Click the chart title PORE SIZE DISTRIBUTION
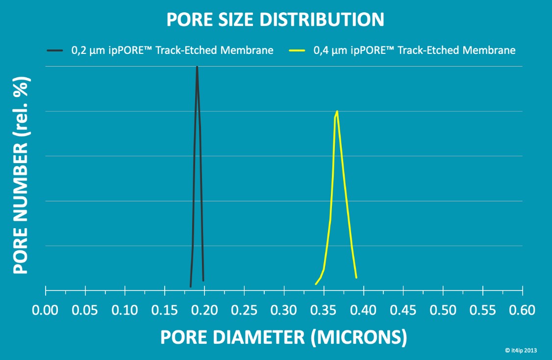coord(275,20)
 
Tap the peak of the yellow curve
coord(337,112)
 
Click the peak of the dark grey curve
coord(197,67)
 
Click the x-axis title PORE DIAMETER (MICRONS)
coord(284,337)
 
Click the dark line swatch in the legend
coord(55,50)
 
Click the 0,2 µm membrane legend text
coord(172,50)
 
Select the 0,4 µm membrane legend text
coord(414,50)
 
